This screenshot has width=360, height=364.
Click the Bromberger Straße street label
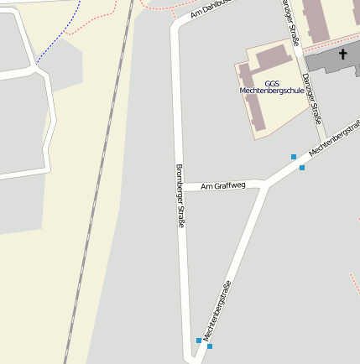(x=180, y=197)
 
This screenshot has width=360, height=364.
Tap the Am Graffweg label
(x=223, y=185)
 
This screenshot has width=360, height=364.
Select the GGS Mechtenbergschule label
(x=272, y=86)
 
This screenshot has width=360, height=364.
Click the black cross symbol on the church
(x=342, y=55)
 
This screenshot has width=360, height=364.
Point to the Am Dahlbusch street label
(x=211, y=8)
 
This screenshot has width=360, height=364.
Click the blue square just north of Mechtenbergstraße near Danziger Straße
(x=294, y=157)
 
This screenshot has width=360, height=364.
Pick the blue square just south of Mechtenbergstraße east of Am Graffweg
(x=302, y=168)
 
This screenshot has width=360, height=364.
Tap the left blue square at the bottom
(x=199, y=341)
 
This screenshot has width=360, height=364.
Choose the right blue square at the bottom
(x=210, y=346)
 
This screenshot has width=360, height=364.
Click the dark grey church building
(x=331, y=59)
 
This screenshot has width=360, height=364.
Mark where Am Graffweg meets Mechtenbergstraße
(x=266, y=185)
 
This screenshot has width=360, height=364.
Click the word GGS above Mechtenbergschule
(x=272, y=83)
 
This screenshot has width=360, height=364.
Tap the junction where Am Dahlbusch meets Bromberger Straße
(x=175, y=25)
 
